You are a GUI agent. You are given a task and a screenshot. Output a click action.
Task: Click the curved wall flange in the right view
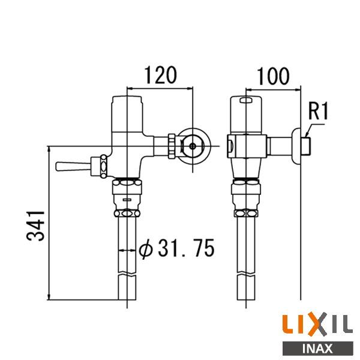pyautogui.click(x=295, y=146)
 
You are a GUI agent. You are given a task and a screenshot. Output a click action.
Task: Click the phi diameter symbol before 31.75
pyautogui.click(x=145, y=248)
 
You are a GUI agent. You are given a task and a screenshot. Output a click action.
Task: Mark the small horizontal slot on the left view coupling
pyautogui.click(x=127, y=197)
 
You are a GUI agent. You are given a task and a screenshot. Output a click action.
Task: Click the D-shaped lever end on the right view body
pyautogui.click(x=230, y=144)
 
